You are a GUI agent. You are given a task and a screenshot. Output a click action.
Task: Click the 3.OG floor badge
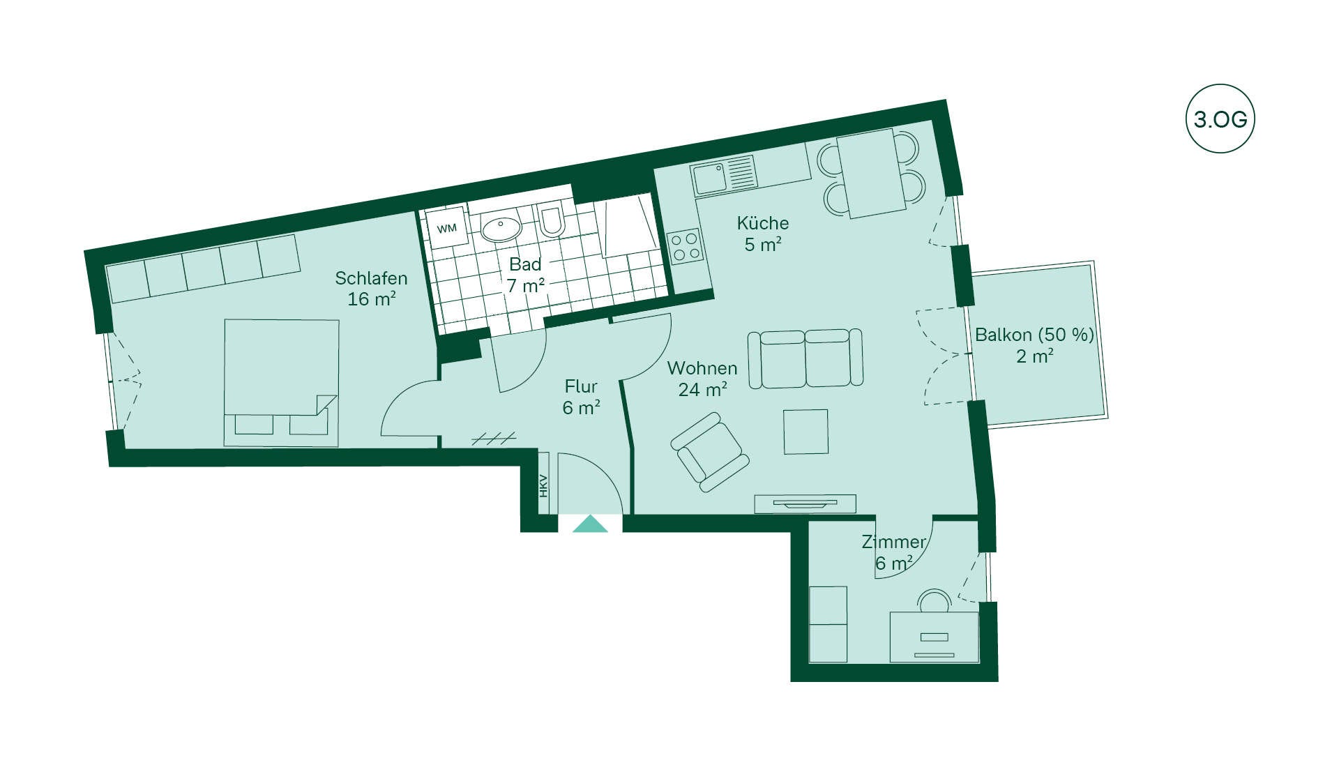click(1220, 119)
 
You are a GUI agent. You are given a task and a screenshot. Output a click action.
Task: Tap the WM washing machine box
click(447, 227)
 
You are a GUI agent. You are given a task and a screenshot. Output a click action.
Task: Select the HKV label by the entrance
click(543, 485)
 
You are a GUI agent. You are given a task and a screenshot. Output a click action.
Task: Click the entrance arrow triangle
click(590, 524)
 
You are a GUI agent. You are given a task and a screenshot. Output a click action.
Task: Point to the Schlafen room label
click(371, 278)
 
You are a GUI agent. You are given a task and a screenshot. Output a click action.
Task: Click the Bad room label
click(525, 264)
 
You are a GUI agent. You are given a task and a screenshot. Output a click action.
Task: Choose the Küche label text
click(763, 223)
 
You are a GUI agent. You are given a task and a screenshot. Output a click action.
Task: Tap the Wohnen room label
click(702, 368)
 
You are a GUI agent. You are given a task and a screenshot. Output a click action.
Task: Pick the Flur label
click(581, 386)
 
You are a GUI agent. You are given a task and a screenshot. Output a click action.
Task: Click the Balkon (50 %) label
click(1034, 335)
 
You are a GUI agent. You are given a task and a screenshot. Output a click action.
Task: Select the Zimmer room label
click(893, 542)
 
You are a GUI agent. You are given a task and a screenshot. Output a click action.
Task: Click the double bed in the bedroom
click(282, 383)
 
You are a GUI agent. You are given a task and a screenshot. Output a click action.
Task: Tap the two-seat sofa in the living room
click(805, 358)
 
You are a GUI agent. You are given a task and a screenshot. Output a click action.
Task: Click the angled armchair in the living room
click(710, 452)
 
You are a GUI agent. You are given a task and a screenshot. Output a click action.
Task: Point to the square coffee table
click(805, 432)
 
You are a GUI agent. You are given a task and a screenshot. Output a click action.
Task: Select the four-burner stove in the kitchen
click(686, 247)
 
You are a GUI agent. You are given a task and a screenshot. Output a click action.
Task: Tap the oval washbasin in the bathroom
click(501, 229)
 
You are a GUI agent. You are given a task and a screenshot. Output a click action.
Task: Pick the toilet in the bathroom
click(552, 220)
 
